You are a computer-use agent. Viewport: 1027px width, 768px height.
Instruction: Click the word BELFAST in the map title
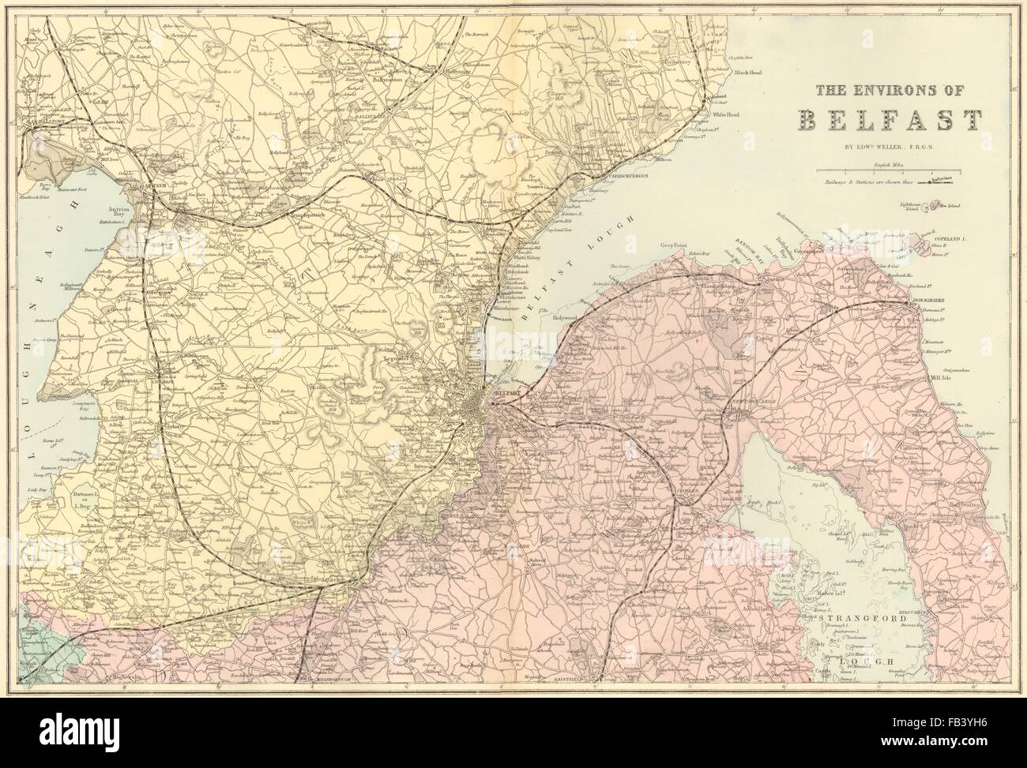pyautogui.click(x=890, y=120)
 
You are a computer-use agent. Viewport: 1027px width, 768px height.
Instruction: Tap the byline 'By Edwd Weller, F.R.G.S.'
pyautogui.click(x=890, y=147)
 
